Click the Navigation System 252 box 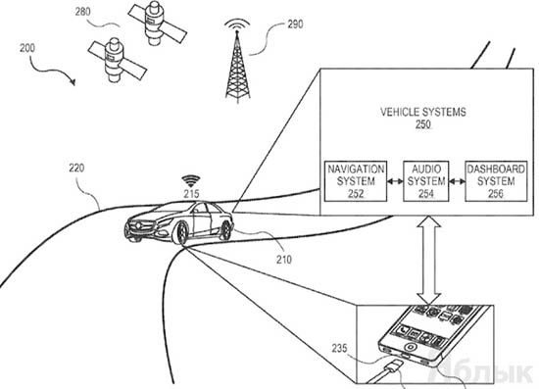coord(356,181)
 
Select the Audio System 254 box coord(426,181)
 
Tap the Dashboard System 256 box coord(496,181)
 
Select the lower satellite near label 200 coord(117,60)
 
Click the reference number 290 coord(295,24)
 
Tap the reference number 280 coord(83,12)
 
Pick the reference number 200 coord(27,48)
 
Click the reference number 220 coord(76,168)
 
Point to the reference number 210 coord(284,260)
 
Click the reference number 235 coord(339,349)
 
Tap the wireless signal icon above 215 coord(191,180)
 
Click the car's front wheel coord(181,233)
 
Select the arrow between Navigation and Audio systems coord(395,181)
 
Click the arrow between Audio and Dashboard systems coord(457,181)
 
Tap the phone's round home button coord(409,346)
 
